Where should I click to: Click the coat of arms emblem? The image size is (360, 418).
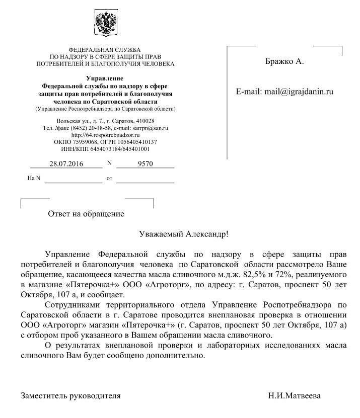(105, 25)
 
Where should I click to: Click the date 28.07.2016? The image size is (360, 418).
(66, 164)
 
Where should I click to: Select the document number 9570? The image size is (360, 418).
(145, 164)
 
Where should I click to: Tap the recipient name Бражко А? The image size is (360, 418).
(284, 62)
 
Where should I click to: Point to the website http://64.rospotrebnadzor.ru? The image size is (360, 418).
(105, 135)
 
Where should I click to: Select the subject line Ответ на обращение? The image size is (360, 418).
(86, 214)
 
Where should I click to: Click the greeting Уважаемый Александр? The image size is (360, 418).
(183, 234)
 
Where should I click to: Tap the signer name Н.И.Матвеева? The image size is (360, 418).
(294, 396)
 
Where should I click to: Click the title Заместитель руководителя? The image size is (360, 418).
(70, 396)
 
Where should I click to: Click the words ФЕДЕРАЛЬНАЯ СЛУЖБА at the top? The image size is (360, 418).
(105, 50)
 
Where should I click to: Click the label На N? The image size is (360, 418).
(34, 179)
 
